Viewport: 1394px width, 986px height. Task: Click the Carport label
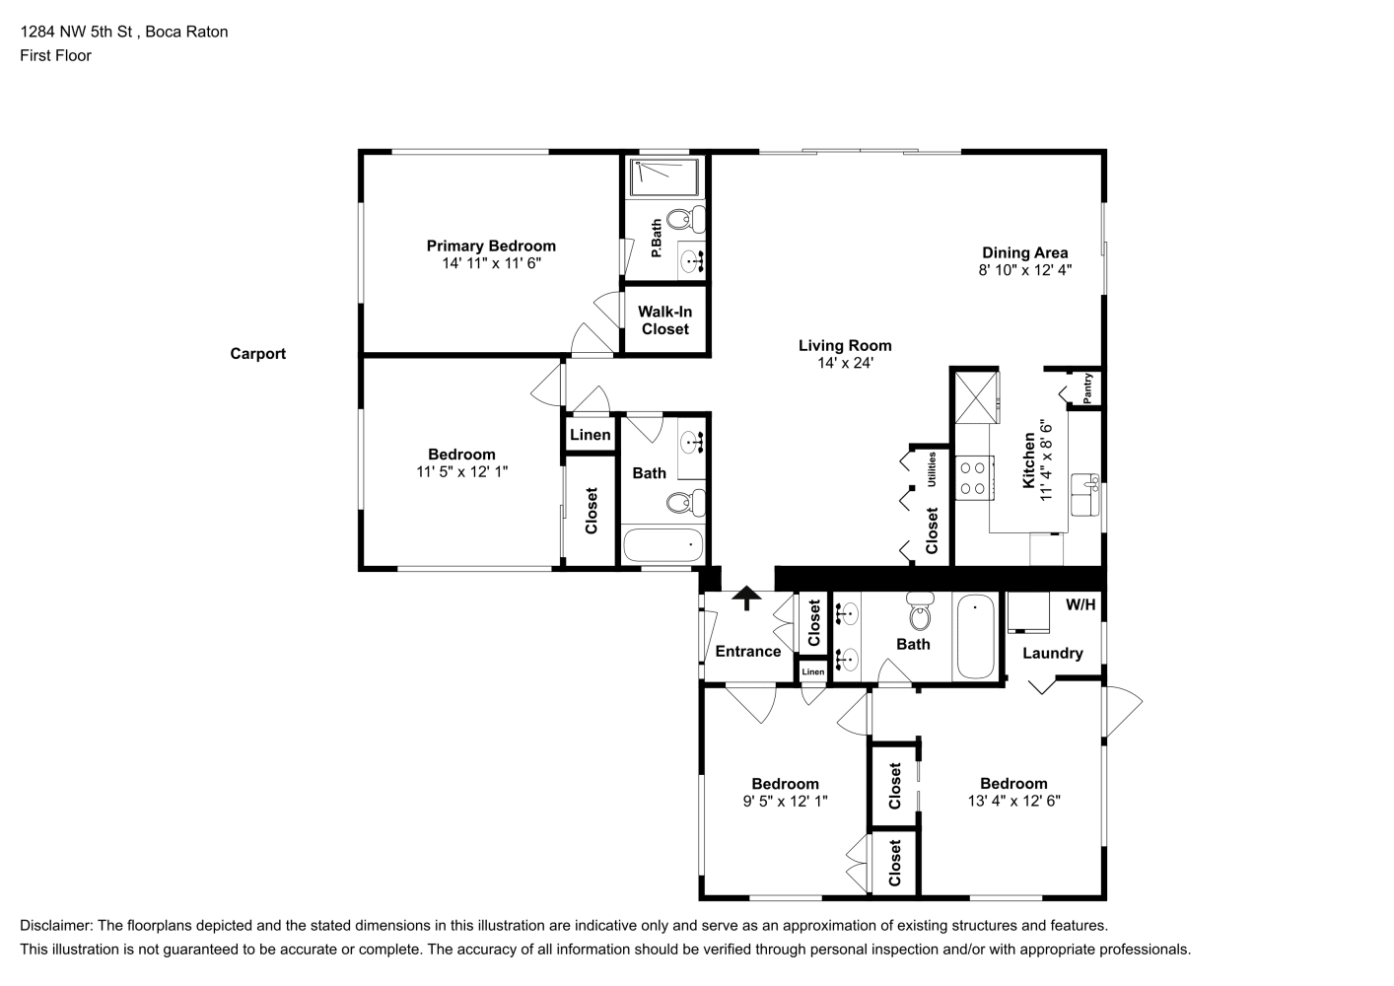257,354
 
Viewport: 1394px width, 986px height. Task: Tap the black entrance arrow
746,598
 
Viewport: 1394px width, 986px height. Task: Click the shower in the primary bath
664,176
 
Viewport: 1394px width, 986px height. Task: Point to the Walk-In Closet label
664,319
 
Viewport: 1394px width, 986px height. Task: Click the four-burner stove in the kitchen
974,478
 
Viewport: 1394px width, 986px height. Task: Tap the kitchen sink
1085,495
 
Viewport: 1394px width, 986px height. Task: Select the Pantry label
1087,388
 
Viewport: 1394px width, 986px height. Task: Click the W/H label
1080,604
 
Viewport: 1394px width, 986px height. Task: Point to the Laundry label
1053,653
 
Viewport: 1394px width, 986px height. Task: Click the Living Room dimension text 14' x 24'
845,363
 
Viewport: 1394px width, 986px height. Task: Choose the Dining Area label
1025,252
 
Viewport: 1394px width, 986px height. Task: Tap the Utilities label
932,469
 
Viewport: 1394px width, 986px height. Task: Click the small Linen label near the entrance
812,671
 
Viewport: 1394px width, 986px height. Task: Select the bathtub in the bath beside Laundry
975,636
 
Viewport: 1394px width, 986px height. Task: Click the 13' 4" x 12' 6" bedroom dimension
1013,801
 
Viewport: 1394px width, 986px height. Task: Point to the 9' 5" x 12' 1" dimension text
786,801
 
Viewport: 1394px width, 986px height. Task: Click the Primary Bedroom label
491,246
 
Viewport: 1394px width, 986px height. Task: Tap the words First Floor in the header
55,55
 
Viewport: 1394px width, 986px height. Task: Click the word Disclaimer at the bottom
56,926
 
